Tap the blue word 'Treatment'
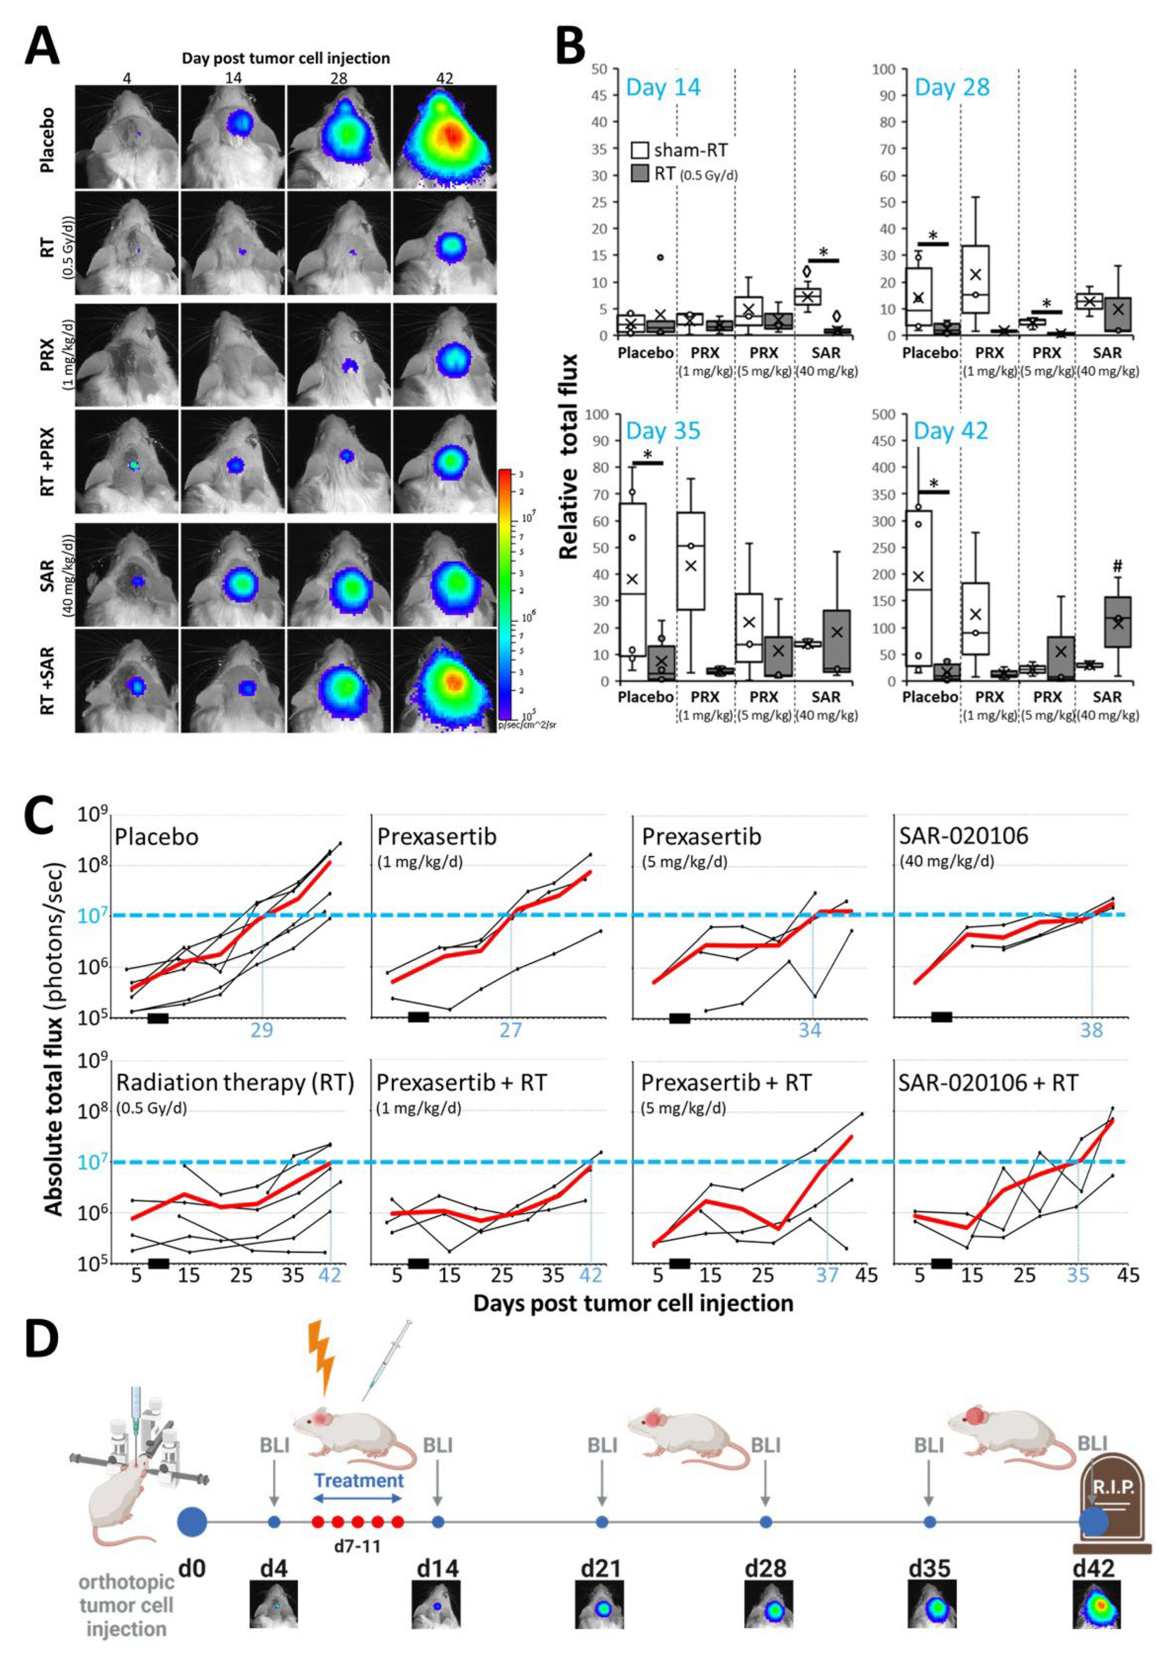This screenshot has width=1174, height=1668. click(x=359, y=1480)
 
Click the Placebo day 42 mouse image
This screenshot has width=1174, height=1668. click(x=444, y=137)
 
